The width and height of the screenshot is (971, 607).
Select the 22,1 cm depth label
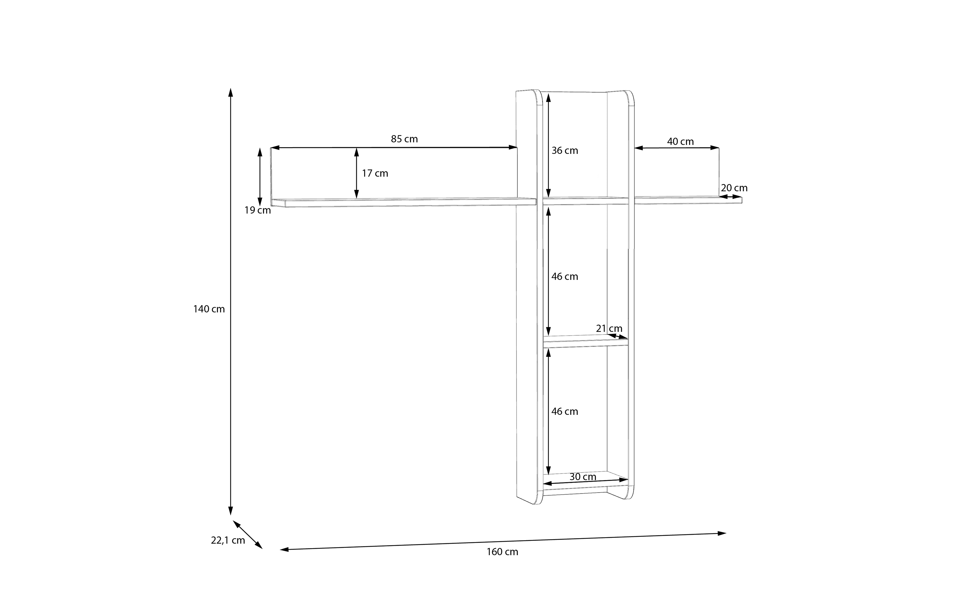pos(228,540)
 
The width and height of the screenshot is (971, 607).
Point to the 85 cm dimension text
pos(404,139)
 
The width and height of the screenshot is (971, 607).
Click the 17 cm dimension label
pos(375,173)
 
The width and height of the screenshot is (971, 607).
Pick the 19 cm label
pos(258,210)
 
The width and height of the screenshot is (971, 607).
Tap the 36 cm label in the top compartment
pos(564,151)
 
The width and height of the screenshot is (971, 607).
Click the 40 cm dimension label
pos(681,142)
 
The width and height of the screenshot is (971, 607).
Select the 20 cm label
pos(734,188)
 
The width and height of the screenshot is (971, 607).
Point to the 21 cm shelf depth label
pos(609,328)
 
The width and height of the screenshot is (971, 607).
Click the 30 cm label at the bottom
pos(583,477)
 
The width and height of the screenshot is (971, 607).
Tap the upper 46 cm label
pos(564,276)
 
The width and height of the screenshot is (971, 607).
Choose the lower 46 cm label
pos(564,412)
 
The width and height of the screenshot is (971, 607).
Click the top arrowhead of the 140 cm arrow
pos(230,92)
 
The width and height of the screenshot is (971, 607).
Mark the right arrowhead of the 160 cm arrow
pos(722,534)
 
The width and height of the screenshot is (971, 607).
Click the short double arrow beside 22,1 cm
pos(248,535)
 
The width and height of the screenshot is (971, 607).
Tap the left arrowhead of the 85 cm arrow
pos(275,148)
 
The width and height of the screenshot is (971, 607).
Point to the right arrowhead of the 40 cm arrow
pos(715,148)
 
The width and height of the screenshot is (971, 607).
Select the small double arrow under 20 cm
pos(730,197)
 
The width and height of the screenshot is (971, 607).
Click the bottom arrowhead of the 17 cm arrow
pos(356,194)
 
